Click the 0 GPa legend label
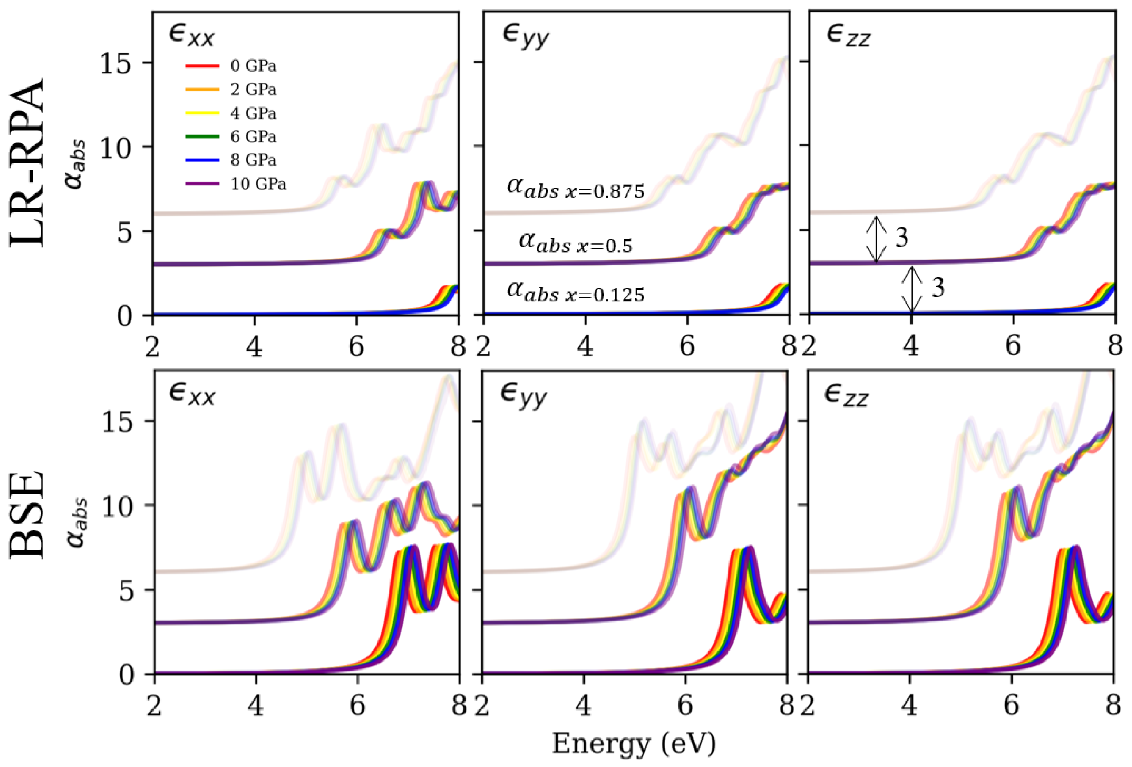[253, 66]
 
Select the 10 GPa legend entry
[258, 184]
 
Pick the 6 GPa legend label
[253, 137]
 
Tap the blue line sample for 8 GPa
[202, 160]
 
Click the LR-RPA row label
[28, 163]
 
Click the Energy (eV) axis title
[634, 744]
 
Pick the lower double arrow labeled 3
[912, 289]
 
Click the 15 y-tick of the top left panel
[116, 63]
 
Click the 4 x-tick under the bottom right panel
[909, 705]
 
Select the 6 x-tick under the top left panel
[357, 347]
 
